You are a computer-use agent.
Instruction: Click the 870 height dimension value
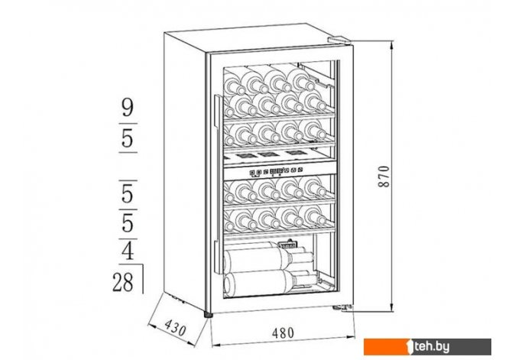(x=384, y=177)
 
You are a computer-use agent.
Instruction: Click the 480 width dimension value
(x=283, y=333)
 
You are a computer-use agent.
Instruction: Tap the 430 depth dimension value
(x=175, y=327)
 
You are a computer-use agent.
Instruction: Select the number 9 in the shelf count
(x=128, y=108)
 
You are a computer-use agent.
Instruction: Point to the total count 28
(x=123, y=282)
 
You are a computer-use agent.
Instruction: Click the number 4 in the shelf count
(x=128, y=251)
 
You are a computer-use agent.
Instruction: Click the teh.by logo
(x=427, y=347)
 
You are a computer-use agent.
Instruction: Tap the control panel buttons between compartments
(x=276, y=170)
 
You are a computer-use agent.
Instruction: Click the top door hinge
(x=339, y=39)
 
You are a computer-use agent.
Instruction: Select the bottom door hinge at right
(x=342, y=308)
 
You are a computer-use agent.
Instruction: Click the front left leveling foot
(x=209, y=315)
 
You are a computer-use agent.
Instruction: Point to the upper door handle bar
(x=216, y=112)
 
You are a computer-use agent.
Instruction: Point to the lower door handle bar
(x=216, y=257)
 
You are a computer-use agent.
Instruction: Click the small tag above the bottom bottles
(x=287, y=244)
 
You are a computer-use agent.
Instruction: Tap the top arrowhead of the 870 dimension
(x=392, y=42)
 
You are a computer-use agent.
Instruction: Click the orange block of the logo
(x=387, y=347)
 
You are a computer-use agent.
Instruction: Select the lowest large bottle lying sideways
(x=271, y=283)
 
